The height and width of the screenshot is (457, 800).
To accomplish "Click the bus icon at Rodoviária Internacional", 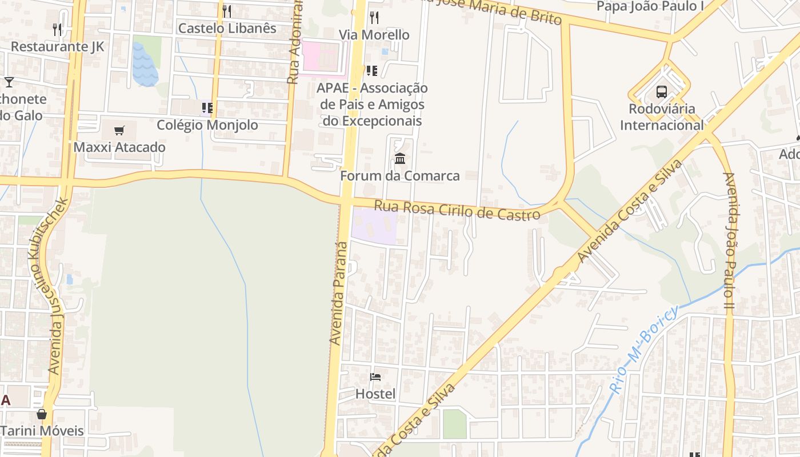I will pyautogui.click(x=662, y=91).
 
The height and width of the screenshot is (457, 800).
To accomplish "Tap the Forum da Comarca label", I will pyautogui.click(x=400, y=175).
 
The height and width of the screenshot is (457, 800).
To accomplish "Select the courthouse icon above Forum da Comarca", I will pyautogui.click(x=400, y=158).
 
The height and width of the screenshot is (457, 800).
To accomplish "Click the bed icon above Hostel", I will pyautogui.click(x=375, y=376).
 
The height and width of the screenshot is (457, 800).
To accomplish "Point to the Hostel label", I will pyautogui.click(x=375, y=394).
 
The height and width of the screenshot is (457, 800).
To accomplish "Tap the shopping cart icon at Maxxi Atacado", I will pyautogui.click(x=119, y=130).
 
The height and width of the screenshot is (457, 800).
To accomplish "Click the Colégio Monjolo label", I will pyautogui.click(x=207, y=125).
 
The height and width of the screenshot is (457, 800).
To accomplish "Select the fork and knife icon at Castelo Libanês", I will pyautogui.click(x=227, y=11).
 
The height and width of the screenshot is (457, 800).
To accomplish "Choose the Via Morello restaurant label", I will pyautogui.click(x=374, y=35).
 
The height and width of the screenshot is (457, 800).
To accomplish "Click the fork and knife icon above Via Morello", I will pyautogui.click(x=374, y=17).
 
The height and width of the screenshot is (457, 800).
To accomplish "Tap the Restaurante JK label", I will pyautogui.click(x=58, y=46).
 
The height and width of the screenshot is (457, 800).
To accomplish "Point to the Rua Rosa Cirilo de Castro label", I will pyautogui.click(x=457, y=210).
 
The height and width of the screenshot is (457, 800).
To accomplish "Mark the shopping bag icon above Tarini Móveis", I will pyautogui.click(x=42, y=414).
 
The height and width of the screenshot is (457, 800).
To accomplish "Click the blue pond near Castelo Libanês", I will pyautogui.click(x=145, y=65).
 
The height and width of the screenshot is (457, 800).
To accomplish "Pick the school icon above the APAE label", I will pyautogui.click(x=371, y=71).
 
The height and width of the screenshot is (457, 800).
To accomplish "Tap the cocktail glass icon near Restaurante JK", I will pyautogui.click(x=9, y=82).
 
